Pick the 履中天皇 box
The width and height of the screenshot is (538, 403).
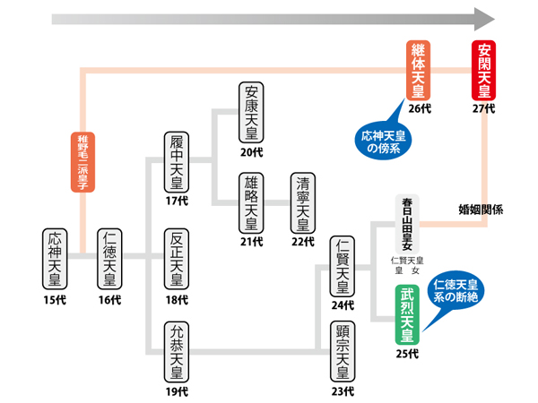click(177, 161)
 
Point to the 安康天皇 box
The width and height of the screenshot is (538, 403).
click(253, 113)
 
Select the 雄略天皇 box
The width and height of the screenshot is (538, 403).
click(253, 205)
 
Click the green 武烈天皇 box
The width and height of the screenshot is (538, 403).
click(407, 314)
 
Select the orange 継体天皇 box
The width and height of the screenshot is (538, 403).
click(420, 70)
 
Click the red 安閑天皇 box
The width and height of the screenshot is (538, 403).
click(484, 70)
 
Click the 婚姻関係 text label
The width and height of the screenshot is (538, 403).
click(481, 210)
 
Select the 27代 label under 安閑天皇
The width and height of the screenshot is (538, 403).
click(484, 109)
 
